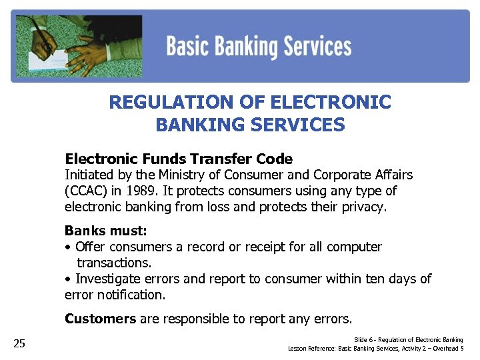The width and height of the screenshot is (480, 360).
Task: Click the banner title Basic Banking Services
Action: (x=259, y=47)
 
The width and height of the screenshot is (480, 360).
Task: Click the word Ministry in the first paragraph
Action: (x=182, y=175)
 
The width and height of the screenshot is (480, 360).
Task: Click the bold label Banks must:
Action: (x=106, y=231)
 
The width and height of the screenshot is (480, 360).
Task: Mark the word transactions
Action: (x=114, y=263)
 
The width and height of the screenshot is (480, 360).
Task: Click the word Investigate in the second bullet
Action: (x=109, y=279)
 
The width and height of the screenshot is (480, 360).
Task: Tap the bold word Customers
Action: (x=100, y=319)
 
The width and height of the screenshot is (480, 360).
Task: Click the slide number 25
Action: (x=19, y=343)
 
